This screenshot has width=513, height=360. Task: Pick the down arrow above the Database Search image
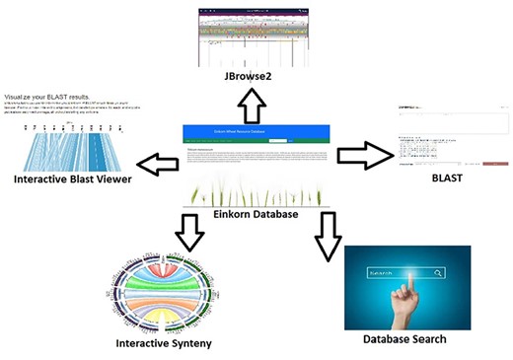click(327, 236)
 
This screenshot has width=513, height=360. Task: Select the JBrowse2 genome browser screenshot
click(255, 36)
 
